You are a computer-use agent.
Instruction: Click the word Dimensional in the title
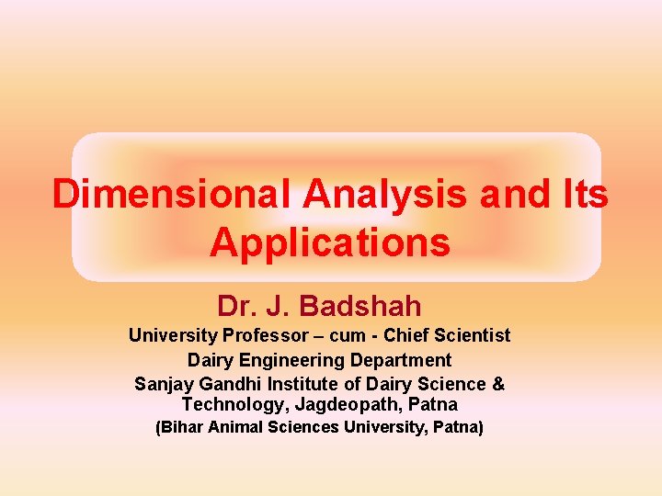(172, 195)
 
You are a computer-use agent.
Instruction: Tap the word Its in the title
(581, 195)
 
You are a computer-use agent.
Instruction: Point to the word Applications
(330, 243)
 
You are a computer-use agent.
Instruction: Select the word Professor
(250, 336)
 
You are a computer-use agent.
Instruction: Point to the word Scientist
(471, 336)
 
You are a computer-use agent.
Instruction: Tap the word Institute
(302, 384)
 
